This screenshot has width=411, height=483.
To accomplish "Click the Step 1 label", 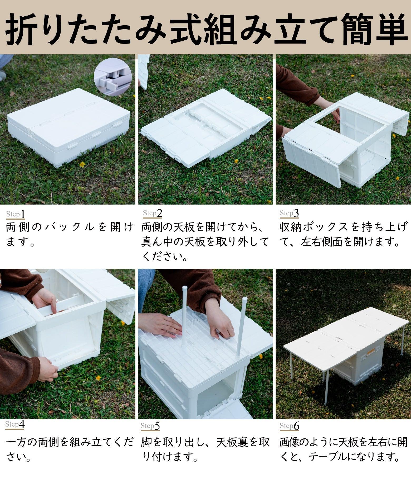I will [x=16, y=214].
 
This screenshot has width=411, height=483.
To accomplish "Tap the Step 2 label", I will [x=153, y=213].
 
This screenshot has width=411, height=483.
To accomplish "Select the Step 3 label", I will [x=289, y=213].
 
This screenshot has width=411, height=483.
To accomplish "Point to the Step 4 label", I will [x=15, y=424].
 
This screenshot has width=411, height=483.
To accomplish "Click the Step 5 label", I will [x=150, y=426].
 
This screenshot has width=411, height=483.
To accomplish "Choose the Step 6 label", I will [x=289, y=426].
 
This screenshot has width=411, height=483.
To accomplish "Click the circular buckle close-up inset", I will [x=112, y=76].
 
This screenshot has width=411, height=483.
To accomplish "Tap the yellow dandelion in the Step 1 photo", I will [x=82, y=164].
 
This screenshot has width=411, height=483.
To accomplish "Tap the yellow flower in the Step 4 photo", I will [x=98, y=378].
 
